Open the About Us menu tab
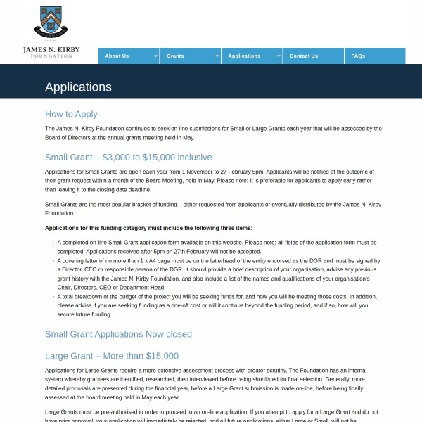point(117,56)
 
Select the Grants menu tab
point(175,56)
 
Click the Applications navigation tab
point(244,56)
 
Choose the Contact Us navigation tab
point(304,56)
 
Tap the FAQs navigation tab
point(358,56)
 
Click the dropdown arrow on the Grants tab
point(217,56)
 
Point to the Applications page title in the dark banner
point(78,87)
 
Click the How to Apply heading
point(71,114)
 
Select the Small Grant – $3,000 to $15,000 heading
point(128,157)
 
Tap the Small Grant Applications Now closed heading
point(118,334)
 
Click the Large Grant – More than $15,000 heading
point(112,356)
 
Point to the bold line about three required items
point(148,228)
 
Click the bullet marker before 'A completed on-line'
point(53,243)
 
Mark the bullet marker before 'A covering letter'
point(53,261)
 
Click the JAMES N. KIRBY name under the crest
point(51,49)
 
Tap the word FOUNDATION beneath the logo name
point(51,56)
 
